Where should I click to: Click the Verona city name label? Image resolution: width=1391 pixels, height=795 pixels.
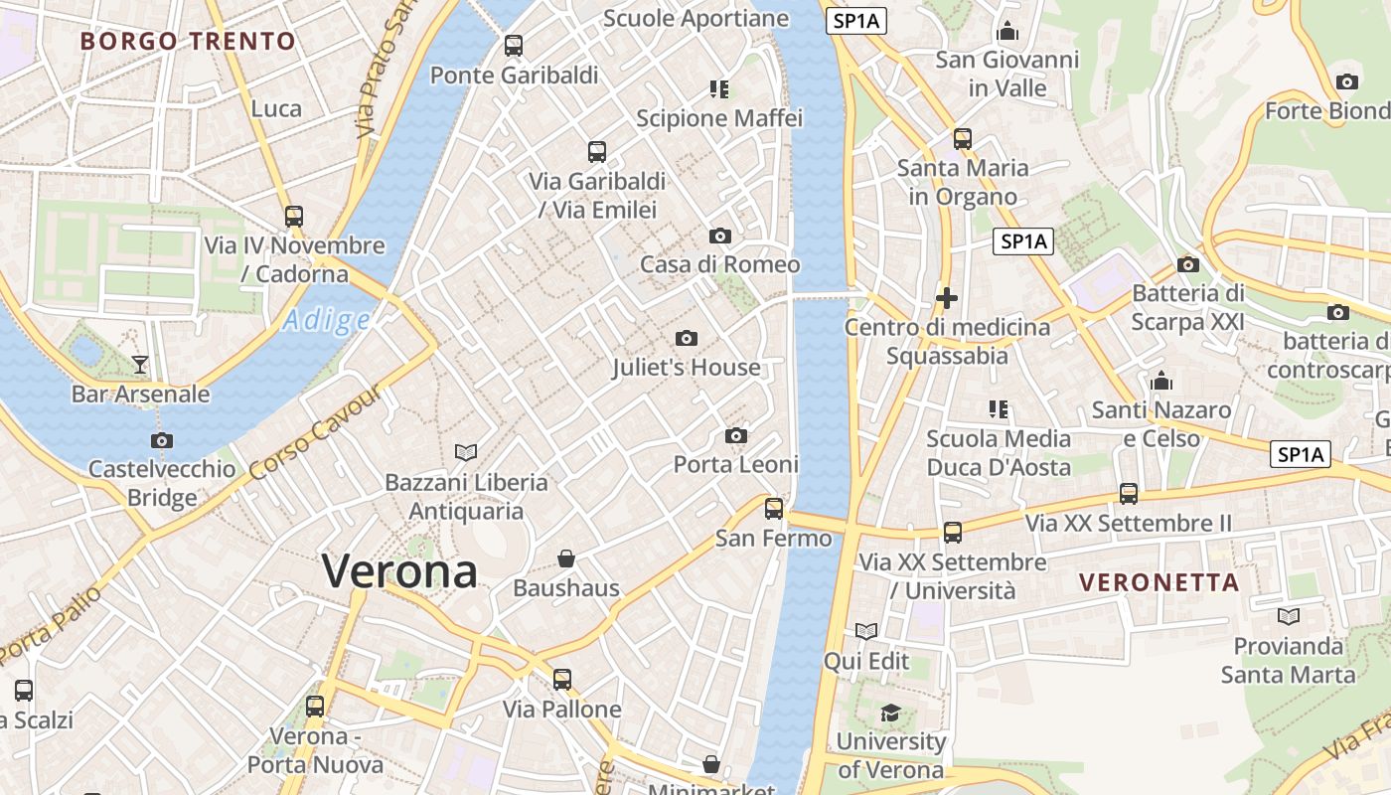399,571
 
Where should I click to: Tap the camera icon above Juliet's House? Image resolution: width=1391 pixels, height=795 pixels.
686,339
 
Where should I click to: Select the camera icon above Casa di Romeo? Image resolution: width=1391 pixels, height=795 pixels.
720,237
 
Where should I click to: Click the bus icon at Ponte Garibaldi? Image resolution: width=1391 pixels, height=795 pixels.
514,46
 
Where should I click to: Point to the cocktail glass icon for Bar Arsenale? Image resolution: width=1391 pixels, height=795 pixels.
140,365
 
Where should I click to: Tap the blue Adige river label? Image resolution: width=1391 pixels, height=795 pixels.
326,320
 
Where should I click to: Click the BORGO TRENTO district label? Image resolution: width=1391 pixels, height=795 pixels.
188,42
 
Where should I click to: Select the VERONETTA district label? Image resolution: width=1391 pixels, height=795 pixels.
1159,582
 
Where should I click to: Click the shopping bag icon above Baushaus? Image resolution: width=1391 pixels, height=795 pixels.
566,558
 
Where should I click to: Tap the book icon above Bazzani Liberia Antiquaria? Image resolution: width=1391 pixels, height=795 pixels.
466,453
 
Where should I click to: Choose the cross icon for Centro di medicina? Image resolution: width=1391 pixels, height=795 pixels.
947,297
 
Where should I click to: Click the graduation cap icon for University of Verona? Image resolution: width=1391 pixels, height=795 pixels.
890,713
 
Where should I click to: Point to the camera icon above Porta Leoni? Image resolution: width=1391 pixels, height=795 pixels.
736,436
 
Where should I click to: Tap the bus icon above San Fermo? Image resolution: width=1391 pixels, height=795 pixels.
774,509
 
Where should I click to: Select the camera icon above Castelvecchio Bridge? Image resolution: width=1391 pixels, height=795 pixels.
162,440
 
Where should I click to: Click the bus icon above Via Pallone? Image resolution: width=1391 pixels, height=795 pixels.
562,680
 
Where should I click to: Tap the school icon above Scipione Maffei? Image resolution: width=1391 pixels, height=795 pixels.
719,89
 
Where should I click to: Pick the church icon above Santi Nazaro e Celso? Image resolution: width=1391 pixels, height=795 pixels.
1161,381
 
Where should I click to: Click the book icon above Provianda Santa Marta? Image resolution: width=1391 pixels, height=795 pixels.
1289,617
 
